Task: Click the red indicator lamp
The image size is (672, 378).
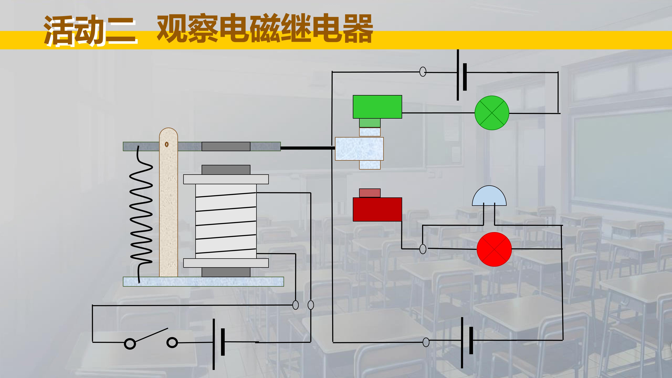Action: point(494,249)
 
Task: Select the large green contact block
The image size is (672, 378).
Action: point(377,107)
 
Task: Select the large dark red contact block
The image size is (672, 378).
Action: point(377,209)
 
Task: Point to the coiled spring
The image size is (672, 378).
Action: point(141,214)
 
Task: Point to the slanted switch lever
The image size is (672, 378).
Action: point(151,335)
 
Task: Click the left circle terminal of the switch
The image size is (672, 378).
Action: point(130,344)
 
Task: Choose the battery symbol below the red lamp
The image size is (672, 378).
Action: point(466,342)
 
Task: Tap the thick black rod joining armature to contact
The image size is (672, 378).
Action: point(308,148)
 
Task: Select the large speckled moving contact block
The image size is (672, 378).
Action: point(359,149)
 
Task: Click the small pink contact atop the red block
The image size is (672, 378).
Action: point(370,193)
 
